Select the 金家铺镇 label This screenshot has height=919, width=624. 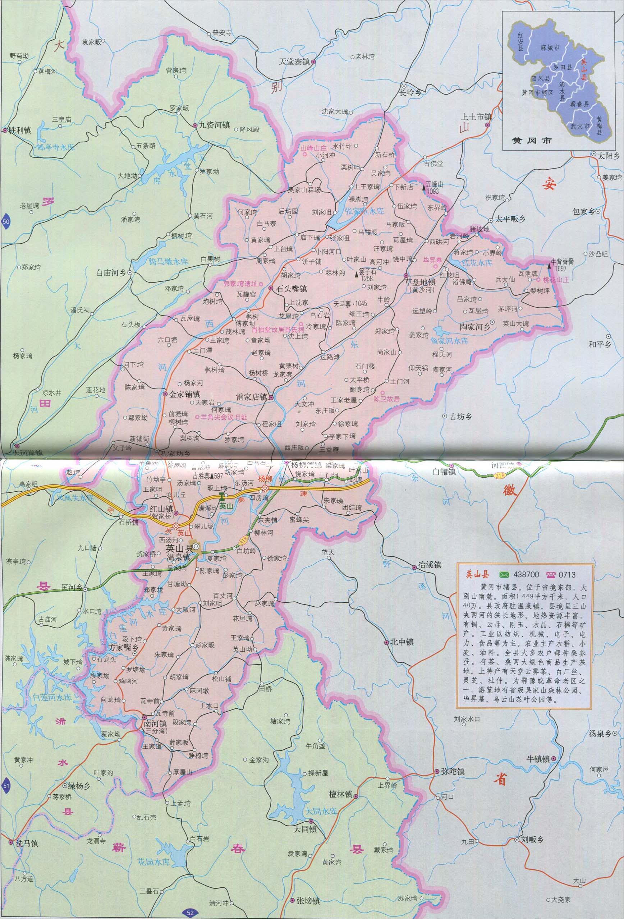pos(184,394)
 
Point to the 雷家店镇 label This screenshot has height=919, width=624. pos(252,397)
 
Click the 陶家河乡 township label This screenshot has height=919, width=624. pos(475,327)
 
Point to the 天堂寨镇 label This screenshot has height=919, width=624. pos(295,62)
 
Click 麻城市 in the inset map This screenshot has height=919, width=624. pos(550,47)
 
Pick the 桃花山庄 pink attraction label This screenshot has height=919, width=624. pos(556,280)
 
